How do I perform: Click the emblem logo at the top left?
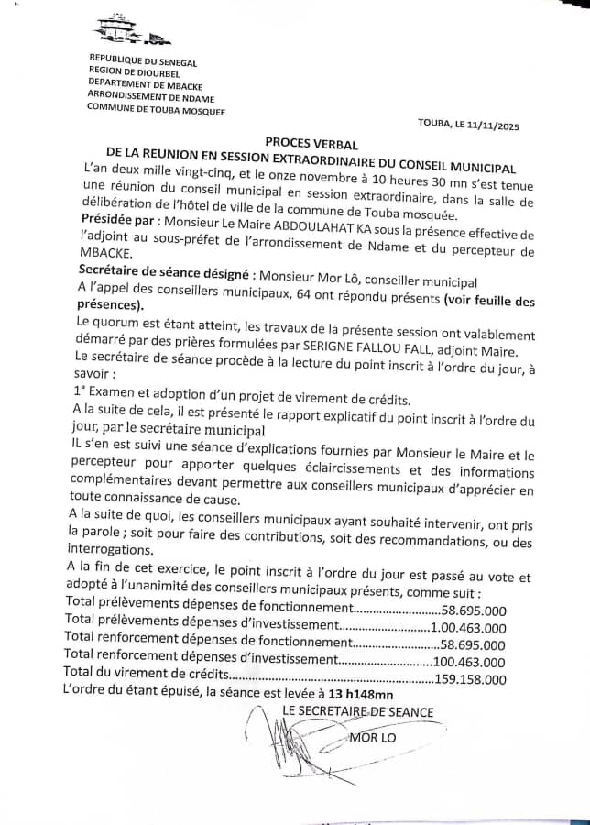click(x=132, y=31)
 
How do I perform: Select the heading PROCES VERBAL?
click(x=311, y=144)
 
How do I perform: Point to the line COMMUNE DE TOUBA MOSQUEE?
click(x=156, y=111)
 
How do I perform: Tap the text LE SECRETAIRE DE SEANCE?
click(x=358, y=711)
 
